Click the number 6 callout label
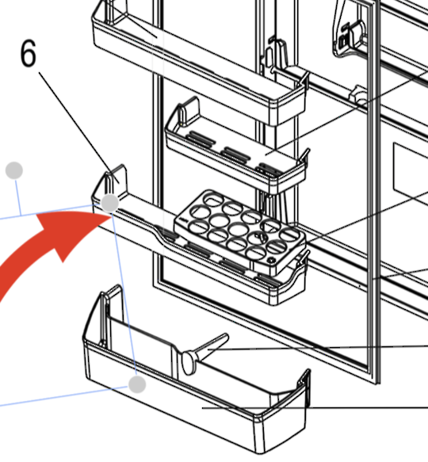(x=29, y=55)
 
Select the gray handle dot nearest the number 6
(x=14, y=170)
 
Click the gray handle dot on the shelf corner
(x=110, y=204)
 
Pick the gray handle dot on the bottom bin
(x=137, y=384)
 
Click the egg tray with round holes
(x=238, y=227)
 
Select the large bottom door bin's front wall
(x=198, y=416)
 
